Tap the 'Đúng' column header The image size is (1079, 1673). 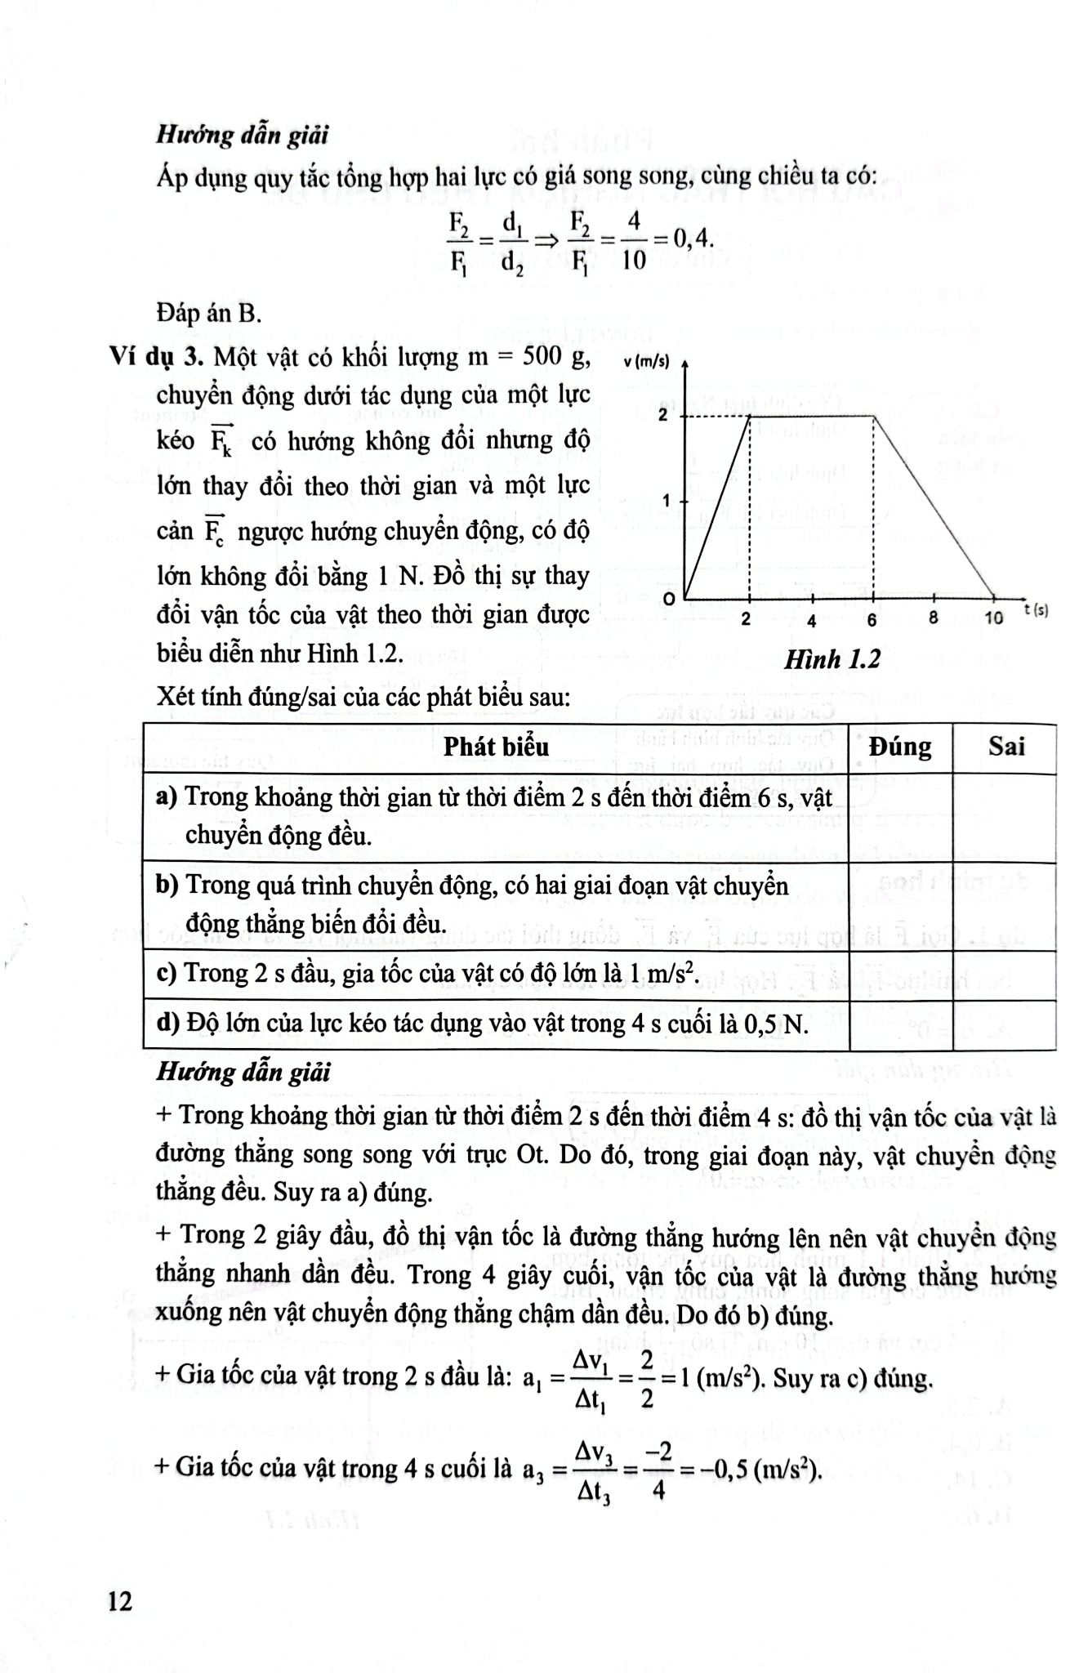click(900, 747)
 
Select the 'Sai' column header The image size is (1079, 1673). click(1006, 747)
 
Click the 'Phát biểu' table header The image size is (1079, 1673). click(496, 747)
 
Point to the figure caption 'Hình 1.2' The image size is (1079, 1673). click(832, 659)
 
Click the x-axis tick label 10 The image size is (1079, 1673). click(993, 618)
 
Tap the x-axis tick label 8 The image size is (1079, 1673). click(933, 618)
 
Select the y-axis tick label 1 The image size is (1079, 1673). click(667, 500)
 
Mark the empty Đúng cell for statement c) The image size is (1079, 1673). click(900, 975)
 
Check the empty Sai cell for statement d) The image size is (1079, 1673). click(1006, 1024)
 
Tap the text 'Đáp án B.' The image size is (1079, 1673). click(208, 313)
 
